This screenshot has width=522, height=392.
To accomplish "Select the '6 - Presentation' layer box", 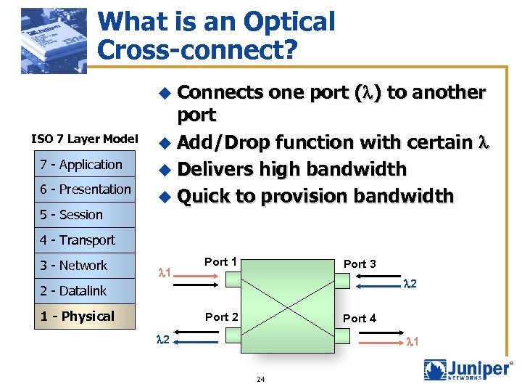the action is [86, 189].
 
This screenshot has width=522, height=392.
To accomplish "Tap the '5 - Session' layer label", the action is [72, 215].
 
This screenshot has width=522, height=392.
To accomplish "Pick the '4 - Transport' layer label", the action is [78, 240].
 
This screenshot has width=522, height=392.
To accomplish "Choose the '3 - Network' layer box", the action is [74, 266].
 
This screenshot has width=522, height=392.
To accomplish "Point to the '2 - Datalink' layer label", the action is [73, 291].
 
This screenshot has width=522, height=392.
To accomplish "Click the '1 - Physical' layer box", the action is [78, 317].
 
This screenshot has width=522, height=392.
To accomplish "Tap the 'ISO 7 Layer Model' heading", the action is [85, 139].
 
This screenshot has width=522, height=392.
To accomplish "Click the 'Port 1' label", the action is [221, 261].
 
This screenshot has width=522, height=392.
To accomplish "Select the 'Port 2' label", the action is [222, 317].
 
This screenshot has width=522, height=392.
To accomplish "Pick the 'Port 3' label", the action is [360, 264].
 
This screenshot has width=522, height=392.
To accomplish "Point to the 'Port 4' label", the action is [360, 318].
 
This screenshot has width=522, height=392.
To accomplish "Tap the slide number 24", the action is [260, 379].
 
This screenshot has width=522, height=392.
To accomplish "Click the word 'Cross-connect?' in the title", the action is [195, 49].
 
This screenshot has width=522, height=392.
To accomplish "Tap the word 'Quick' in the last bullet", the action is [204, 196].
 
